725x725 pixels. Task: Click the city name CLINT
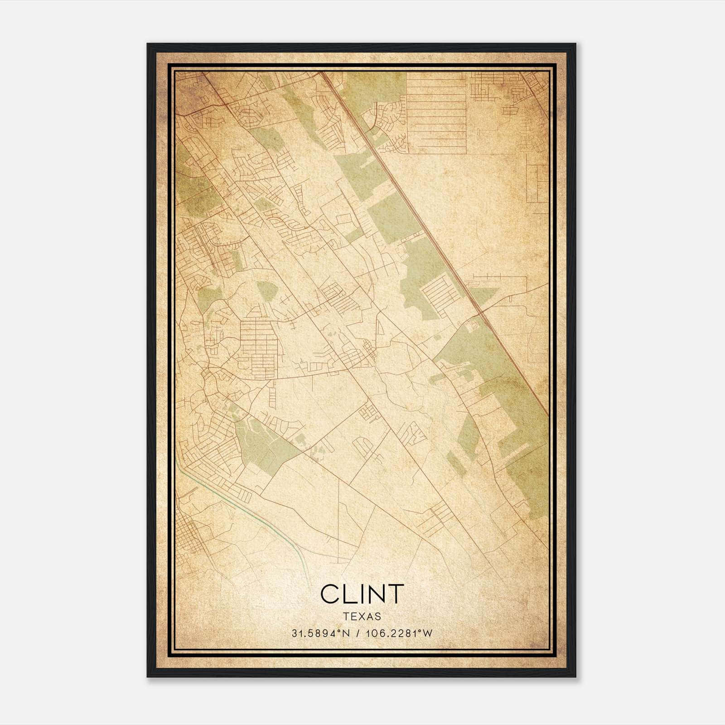362,594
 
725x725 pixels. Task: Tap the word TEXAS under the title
362,616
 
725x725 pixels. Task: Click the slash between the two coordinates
359,633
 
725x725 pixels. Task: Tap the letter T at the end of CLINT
396,594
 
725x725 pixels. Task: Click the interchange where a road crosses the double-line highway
479,313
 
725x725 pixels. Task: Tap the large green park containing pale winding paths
263,442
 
